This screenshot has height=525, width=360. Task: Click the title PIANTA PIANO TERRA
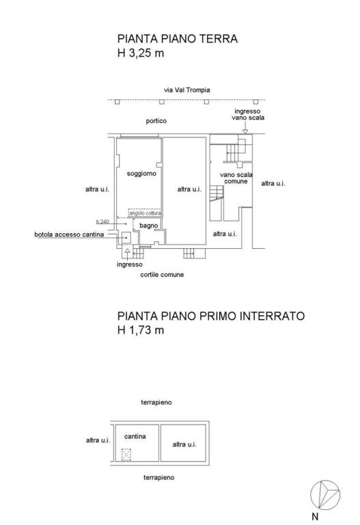click(177, 39)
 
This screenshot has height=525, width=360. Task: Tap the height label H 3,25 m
click(141, 53)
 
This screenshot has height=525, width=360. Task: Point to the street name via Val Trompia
click(186, 90)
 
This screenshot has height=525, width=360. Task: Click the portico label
click(156, 121)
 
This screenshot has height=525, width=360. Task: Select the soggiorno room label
click(141, 174)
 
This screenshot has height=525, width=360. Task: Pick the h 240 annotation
click(102, 221)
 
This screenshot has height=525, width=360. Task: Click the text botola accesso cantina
click(69, 235)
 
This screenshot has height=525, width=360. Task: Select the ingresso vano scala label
click(247, 114)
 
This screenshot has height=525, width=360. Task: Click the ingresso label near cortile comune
click(129, 264)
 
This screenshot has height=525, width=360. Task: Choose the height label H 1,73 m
click(141, 330)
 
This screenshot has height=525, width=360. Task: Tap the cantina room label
click(135, 435)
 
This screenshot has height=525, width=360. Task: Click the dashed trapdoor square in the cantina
click(126, 453)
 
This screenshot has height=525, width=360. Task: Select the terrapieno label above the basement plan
click(156, 403)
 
